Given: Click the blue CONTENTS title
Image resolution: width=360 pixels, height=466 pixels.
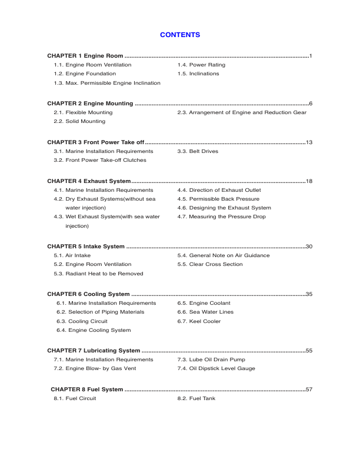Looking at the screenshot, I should point(180,35).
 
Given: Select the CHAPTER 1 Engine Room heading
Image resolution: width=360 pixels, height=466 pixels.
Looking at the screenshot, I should point(85,56).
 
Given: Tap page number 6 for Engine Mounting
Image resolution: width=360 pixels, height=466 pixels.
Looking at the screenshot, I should point(310,104).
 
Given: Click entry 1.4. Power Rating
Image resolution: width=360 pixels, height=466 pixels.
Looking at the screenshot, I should point(201,65).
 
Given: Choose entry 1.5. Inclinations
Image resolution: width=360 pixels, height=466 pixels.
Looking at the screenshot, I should point(198,74).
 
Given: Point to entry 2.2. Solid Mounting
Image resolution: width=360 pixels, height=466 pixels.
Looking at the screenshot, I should point(79,121).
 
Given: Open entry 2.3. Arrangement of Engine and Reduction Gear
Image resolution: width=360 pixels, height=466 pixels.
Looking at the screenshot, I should point(242,112).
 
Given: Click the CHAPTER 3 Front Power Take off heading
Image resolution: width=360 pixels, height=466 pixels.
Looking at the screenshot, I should point(95,142).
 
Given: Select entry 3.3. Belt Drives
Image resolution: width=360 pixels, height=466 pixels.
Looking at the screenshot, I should point(198,151).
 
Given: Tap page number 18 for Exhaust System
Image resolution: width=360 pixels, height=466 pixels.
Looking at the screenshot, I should point(309,181).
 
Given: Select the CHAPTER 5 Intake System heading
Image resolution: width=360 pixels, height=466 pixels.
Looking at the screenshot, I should point(86,247).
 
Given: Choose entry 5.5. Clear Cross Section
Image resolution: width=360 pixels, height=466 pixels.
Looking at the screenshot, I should point(210,264).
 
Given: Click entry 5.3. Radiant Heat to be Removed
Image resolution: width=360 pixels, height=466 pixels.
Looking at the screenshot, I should point(98,274).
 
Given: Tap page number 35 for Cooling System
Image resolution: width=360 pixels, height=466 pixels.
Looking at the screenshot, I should point(309,294).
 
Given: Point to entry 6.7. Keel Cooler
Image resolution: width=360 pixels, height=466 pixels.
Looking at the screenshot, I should point(199,321).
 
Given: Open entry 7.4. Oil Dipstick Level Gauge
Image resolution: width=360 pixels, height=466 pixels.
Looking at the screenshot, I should point(216,368).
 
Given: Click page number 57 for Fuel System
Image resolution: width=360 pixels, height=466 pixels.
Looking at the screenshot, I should point(309,390).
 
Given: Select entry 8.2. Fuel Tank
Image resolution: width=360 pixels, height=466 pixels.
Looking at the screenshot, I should point(196,398).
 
